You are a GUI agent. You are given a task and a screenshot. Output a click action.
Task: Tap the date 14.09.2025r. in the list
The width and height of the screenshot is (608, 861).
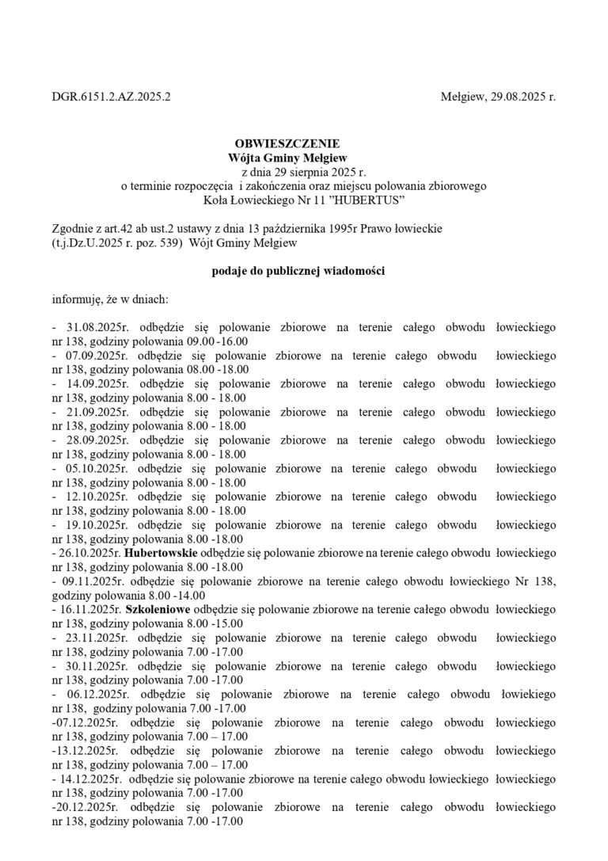click(x=89, y=383)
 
